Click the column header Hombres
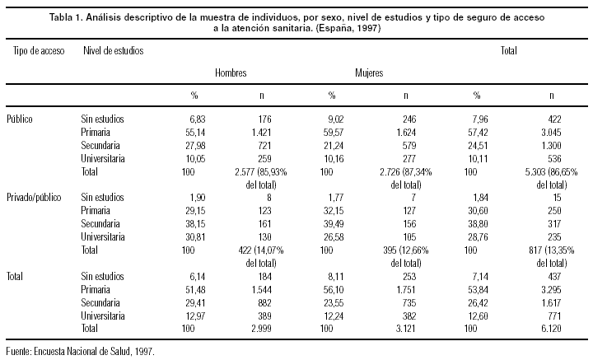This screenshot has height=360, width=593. [x=231, y=72]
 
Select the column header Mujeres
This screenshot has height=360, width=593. [x=369, y=72]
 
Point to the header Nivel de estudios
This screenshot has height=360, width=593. [x=113, y=50]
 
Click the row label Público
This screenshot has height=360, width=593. [x=20, y=119]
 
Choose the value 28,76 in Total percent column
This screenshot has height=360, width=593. [x=476, y=237]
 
